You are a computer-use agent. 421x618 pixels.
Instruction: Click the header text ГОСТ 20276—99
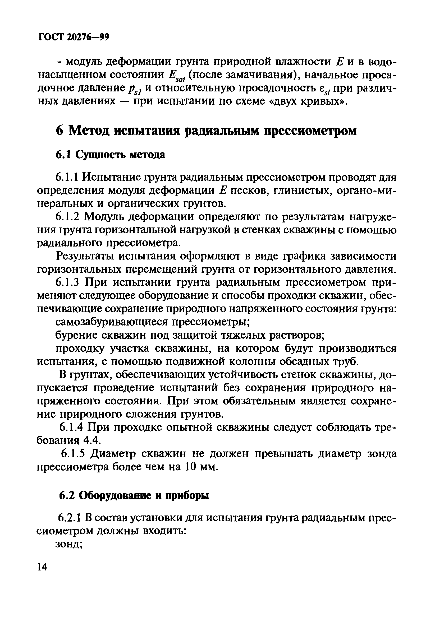[74, 38]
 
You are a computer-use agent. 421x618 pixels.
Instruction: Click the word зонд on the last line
[68, 544]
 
